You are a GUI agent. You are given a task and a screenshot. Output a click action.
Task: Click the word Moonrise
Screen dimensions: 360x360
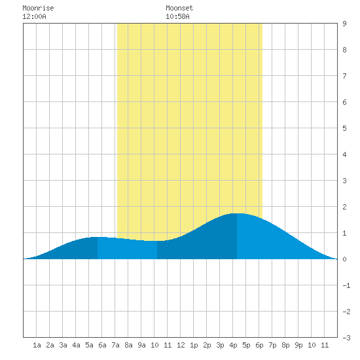tap(38, 8)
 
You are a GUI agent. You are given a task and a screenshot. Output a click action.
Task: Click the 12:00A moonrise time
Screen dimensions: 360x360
tap(34, 16)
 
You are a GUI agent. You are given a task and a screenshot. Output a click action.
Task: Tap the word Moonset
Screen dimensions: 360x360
tap(179, 8)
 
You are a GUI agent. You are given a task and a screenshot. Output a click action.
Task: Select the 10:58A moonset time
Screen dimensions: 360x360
tap(177, 16)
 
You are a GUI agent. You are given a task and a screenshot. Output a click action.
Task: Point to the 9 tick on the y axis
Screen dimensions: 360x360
tap(344, 24)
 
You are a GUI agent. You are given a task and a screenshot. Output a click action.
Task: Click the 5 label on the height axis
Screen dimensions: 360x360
tap(344, 128)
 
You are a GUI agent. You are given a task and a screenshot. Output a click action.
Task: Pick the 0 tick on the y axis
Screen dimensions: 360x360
tap(344, 259)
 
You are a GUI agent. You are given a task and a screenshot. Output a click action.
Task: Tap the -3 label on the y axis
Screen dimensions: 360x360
tap(346, 338)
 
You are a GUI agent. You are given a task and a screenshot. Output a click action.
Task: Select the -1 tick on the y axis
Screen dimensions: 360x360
tap(346, 285)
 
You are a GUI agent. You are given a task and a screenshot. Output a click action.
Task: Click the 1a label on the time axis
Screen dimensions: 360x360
tap(37, 345)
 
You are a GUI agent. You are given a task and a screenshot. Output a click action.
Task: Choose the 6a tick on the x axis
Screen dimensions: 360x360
tap(102, 345)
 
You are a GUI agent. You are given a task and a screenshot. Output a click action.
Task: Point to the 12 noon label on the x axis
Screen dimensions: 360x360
tap(181, 345)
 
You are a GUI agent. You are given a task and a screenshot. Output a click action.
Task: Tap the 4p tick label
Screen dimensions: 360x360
tap(233, 345)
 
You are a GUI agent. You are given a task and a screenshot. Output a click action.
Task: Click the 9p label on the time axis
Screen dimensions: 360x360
tap(298, 345)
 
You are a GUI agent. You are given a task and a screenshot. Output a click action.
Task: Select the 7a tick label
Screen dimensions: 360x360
tap(115, 345)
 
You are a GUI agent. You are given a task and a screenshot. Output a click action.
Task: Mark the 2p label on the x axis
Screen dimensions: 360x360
tap(207, 345)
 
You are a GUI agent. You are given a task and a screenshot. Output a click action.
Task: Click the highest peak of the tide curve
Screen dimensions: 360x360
tap(237, 213)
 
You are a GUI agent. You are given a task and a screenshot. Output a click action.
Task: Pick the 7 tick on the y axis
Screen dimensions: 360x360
tap(344, 76)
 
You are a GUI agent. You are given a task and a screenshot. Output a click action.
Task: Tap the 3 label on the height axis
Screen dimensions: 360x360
tap(344, 181)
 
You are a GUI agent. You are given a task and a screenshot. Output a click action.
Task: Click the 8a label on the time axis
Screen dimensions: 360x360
tap(128, 345)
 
